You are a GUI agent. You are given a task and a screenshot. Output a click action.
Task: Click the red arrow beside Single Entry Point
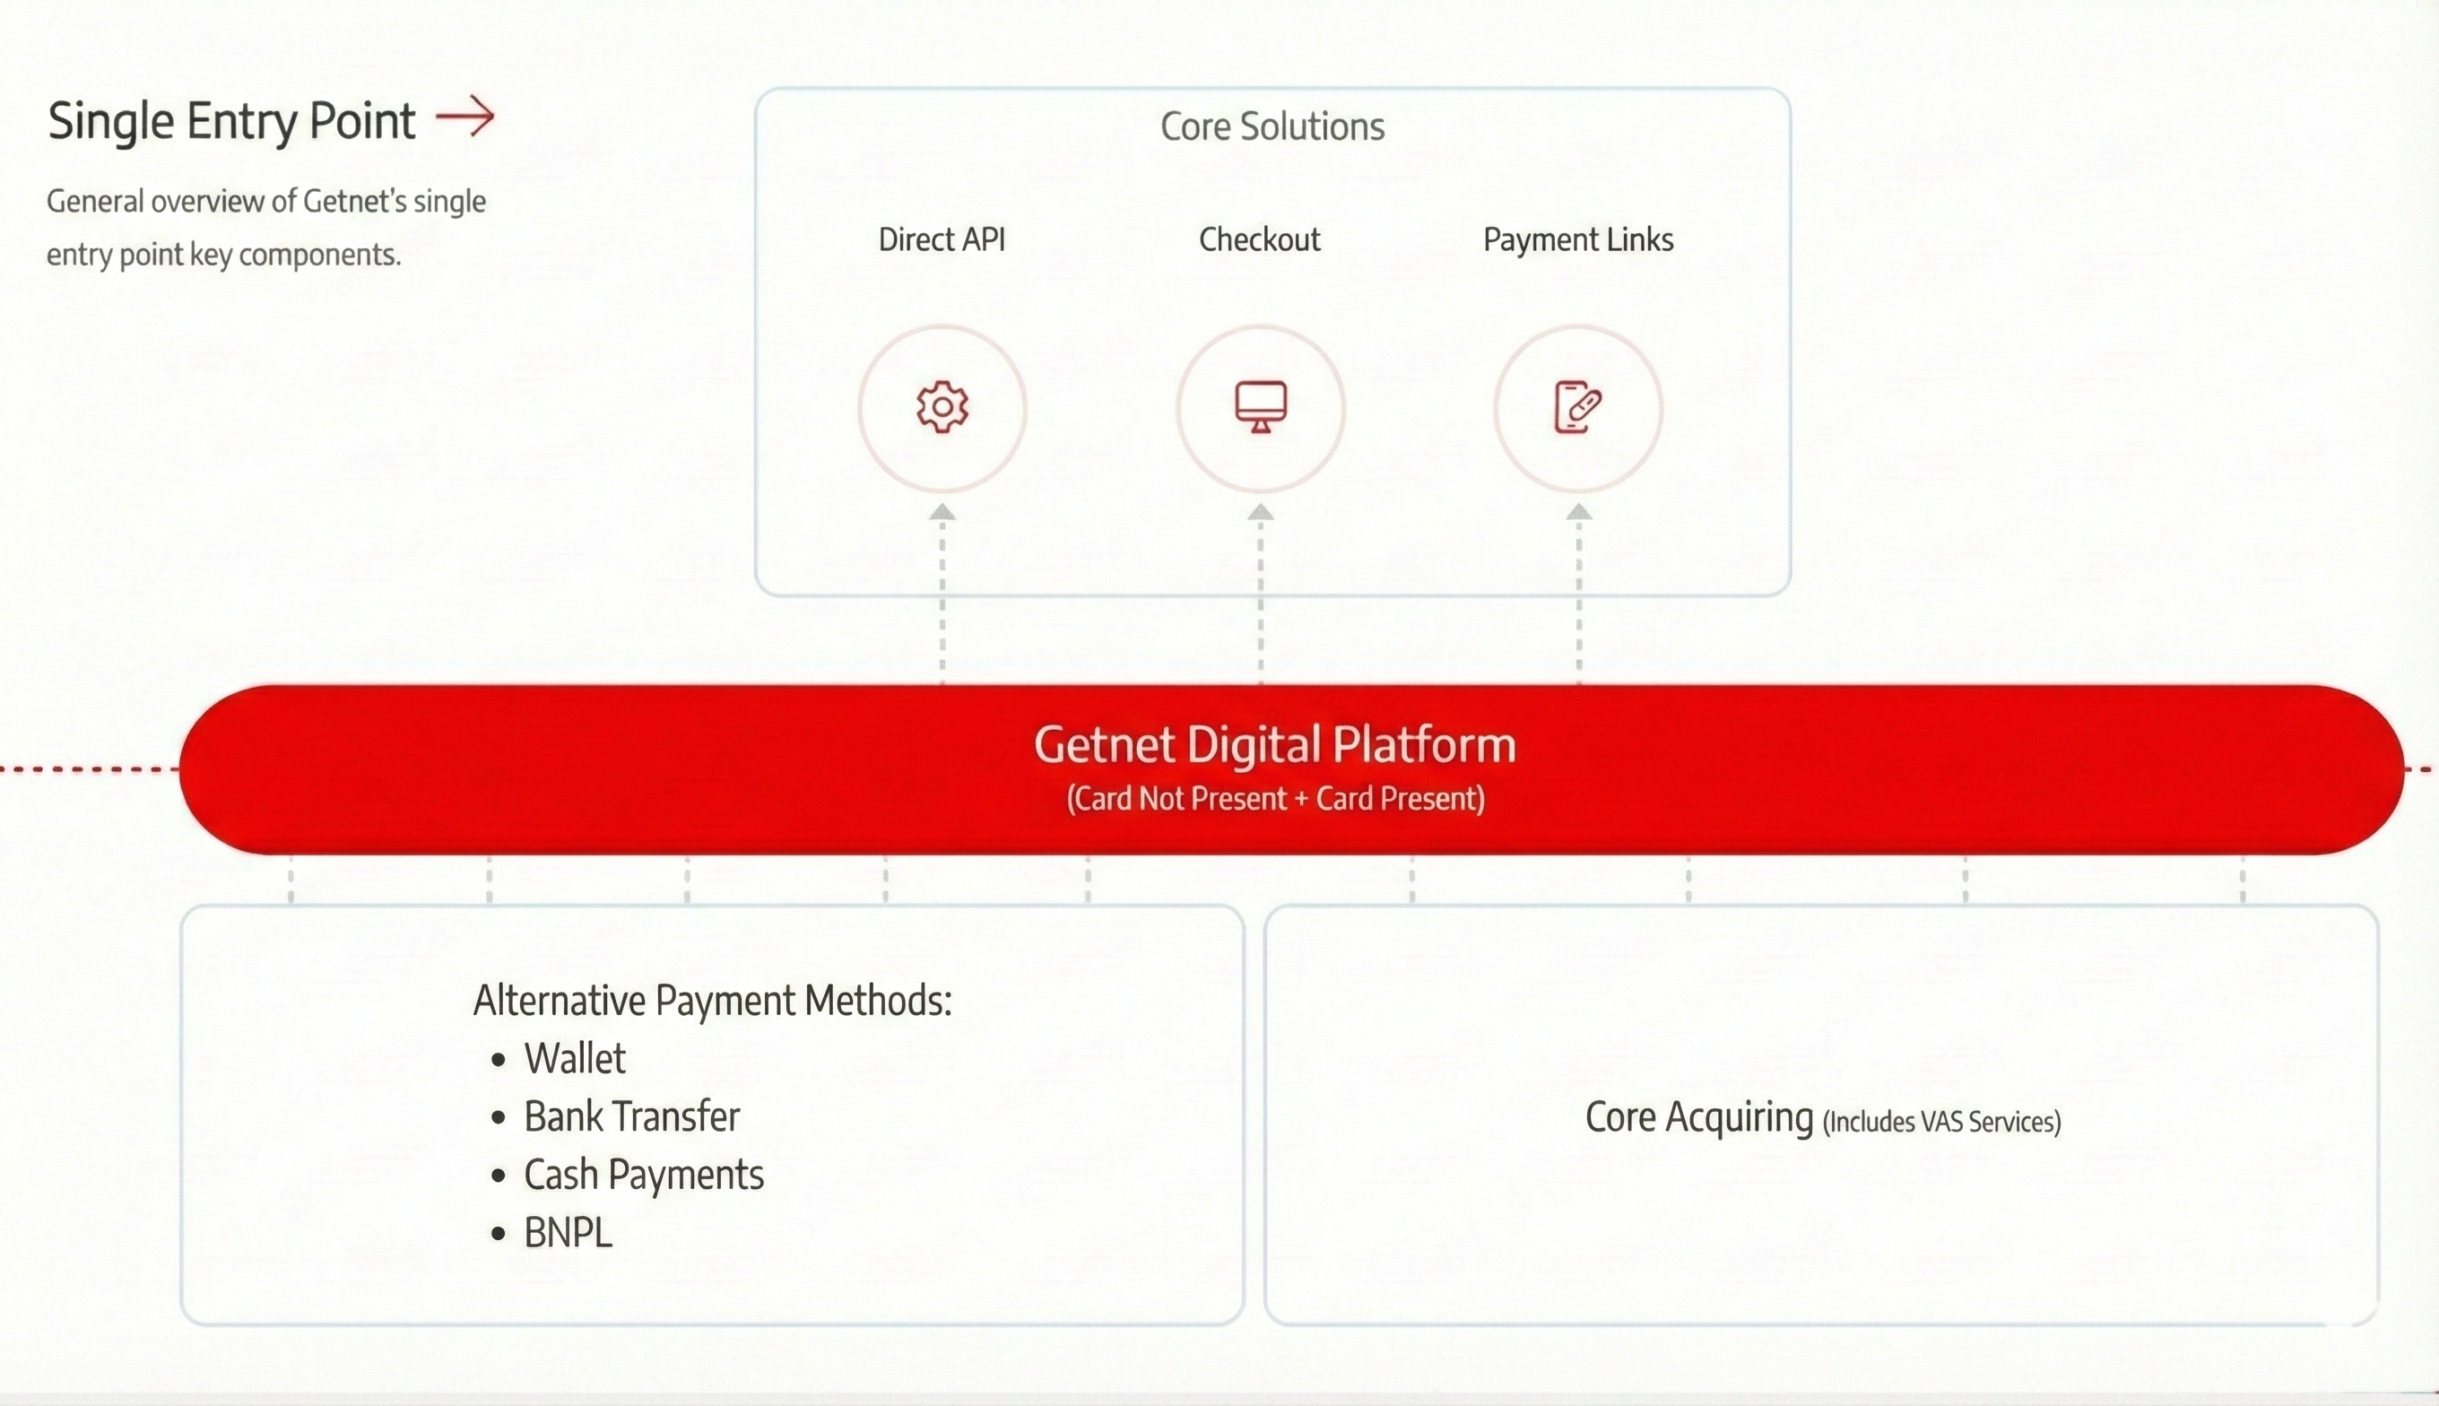465,117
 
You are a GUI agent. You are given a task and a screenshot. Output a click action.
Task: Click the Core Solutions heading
1272,126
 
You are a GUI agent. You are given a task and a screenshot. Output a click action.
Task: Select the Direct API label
942,239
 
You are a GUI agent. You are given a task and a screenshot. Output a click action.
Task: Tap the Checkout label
1259,239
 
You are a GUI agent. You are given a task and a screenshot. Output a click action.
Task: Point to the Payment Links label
1577,239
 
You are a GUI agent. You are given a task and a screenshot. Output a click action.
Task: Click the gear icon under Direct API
942,406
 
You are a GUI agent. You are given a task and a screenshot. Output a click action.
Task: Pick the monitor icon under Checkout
1261,406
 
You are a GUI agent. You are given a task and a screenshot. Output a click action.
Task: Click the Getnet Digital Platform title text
1274,744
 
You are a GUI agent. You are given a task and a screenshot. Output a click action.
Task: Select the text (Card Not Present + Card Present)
1275,799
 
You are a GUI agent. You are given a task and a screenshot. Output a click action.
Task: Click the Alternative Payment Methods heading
713,1001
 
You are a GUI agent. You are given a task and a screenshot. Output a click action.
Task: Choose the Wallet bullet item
575,1058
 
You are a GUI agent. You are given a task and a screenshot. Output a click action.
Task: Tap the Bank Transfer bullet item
631,1116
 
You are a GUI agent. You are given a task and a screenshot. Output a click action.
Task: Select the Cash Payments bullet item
644,1176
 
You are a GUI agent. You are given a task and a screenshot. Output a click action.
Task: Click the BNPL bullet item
568,1233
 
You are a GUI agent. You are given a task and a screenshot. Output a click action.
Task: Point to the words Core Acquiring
1699,1117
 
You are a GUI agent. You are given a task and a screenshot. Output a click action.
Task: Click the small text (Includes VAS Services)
1941,1121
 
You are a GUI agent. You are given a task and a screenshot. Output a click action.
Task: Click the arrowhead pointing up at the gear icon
942,512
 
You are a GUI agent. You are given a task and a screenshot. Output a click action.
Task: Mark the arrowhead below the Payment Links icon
1579,512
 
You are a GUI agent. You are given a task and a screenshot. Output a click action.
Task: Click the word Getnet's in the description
354,201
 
